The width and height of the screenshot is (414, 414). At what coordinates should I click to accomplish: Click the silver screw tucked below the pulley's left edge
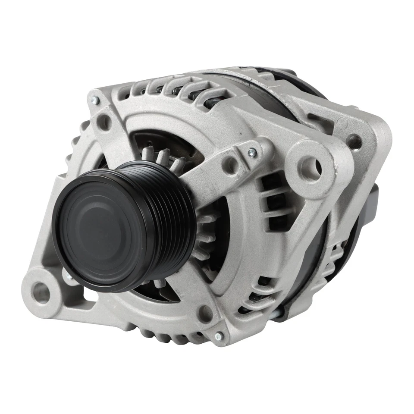[x=68, y=274]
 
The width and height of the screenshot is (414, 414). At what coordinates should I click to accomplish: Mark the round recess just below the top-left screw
[x=103, y=122]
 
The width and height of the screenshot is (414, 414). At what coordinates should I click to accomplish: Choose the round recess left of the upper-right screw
[x=232, y=164]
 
